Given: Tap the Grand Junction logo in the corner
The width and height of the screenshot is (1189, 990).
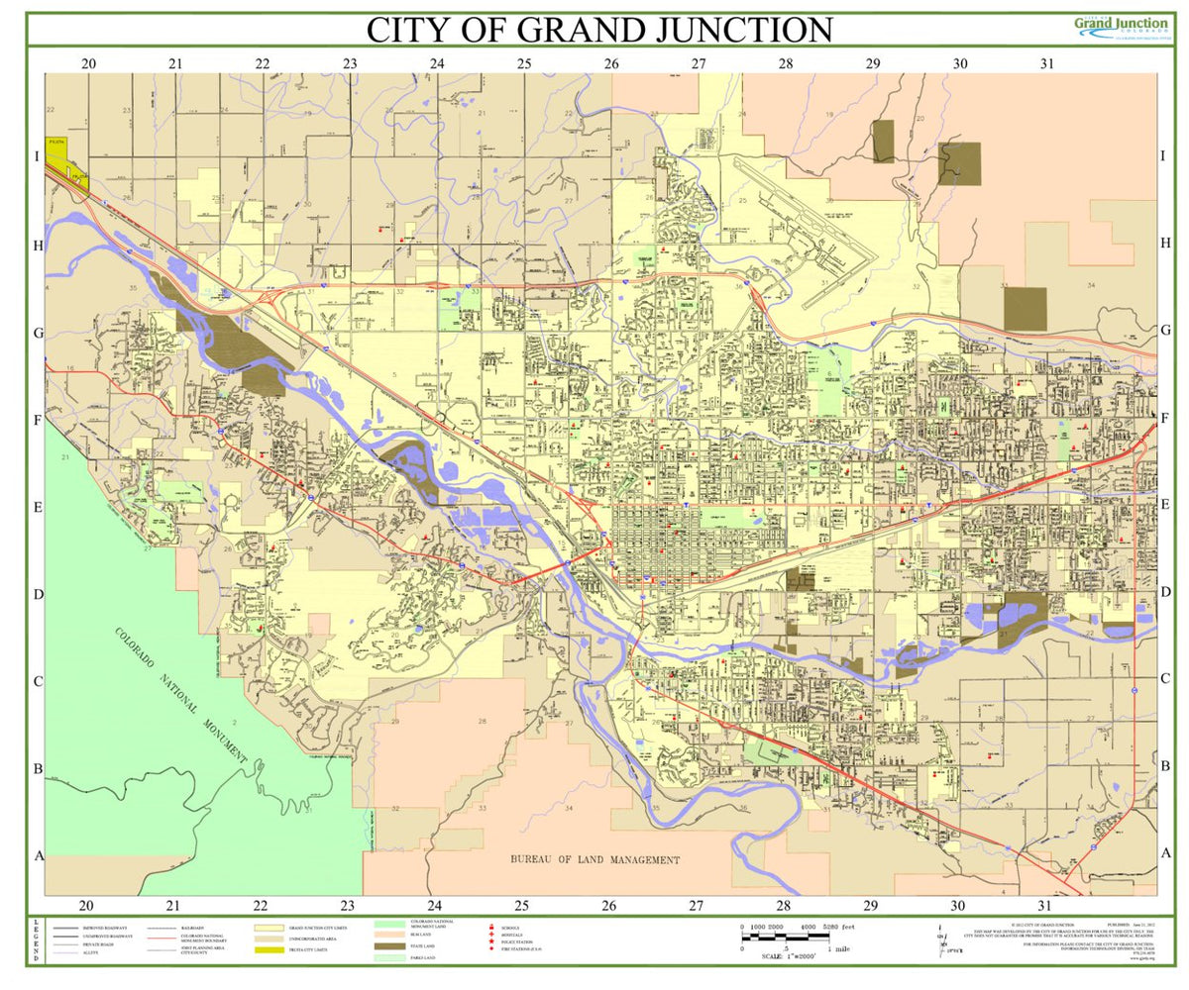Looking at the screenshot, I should (1121, 27).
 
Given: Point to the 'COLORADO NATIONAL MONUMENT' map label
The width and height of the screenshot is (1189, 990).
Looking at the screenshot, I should (180, 694).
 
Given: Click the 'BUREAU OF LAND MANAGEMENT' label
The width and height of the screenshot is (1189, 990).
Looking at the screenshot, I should (594, 859).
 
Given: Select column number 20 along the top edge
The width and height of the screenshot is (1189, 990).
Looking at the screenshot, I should (88, 63).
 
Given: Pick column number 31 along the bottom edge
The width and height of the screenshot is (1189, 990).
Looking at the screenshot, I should (1044, 905).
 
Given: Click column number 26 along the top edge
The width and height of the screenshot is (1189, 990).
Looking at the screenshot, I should (611, 63).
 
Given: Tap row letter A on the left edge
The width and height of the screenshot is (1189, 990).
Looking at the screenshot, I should (40, 855).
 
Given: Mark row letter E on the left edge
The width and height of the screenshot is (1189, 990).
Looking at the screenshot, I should (40, 507).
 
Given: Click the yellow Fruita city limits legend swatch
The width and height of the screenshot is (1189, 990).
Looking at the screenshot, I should (269, 950).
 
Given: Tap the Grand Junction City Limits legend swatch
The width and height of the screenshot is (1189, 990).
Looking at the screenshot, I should (269, 929).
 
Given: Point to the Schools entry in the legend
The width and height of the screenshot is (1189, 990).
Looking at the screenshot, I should (491, 928).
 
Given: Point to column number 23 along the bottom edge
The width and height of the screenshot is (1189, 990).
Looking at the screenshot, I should (348, 905).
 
